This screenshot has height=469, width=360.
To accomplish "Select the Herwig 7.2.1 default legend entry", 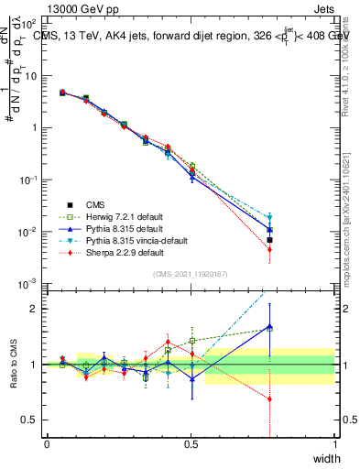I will (x=114, y=215).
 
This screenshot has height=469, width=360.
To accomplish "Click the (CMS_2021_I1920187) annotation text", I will (x=191, y=274).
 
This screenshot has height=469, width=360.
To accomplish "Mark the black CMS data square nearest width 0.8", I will (x=269, y=240).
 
